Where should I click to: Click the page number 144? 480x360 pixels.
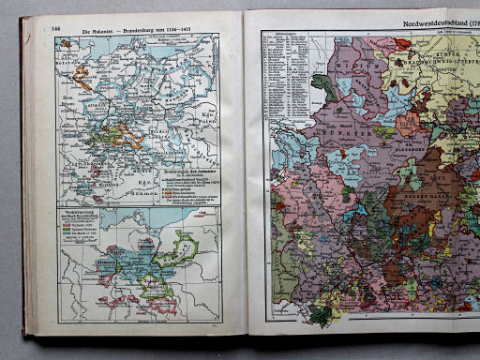57,29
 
